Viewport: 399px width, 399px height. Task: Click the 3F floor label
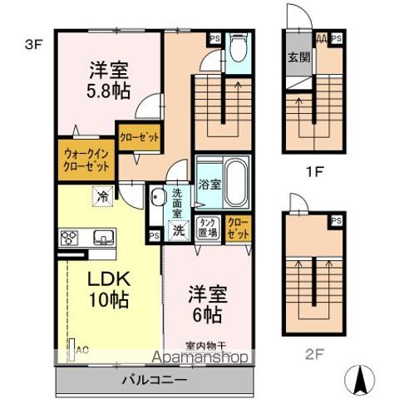[x=32, y=46]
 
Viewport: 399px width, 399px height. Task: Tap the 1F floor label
[x=313, y=173]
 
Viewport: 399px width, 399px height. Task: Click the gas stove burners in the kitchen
[x=68, y=237]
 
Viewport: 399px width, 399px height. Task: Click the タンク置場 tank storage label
[x=208, y=228]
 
